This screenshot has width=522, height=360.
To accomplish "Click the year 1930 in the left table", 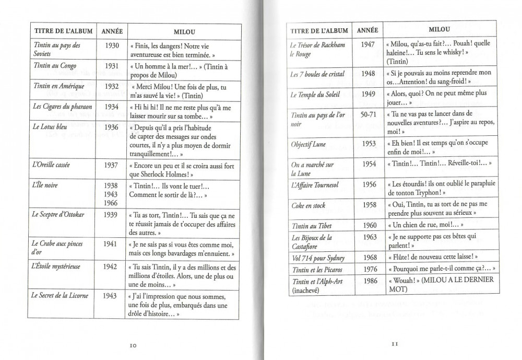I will tap(112, 45).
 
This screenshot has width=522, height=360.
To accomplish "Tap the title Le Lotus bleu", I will tap(49, 127).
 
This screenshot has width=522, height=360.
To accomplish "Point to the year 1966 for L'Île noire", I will tap(111, 203).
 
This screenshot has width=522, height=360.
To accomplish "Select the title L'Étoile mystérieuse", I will tap(56, 266).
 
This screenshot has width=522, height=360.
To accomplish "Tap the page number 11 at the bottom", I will tap(395, 344).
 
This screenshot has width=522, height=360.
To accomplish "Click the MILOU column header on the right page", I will tap(440, 30).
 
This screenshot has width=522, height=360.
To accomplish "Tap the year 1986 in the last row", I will tap(367, 281).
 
